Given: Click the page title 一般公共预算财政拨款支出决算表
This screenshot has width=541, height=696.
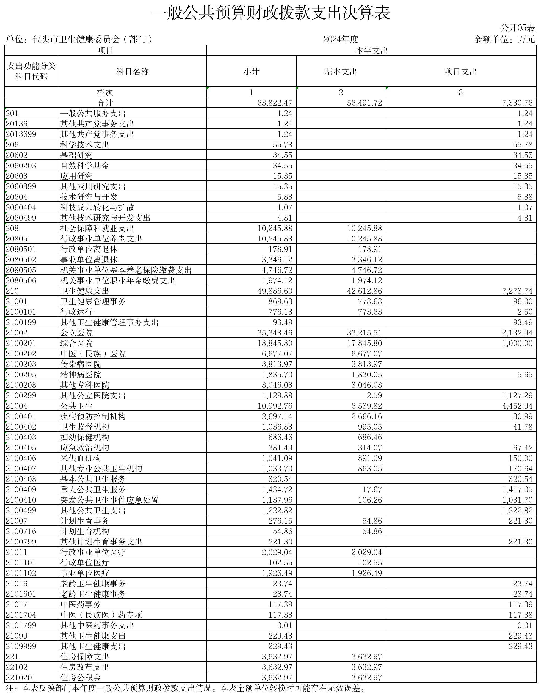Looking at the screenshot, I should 270,13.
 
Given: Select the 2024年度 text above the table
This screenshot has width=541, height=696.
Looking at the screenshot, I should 341,39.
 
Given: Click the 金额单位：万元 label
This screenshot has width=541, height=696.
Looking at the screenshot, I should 504,39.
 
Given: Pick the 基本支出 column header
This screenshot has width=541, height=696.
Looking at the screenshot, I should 341,71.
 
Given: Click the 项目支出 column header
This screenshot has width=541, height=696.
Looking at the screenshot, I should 461,71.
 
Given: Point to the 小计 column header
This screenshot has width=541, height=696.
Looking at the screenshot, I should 251,71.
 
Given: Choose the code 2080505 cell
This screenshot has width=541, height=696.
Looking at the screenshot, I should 21,270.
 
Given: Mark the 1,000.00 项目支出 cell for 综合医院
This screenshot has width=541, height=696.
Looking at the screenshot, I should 517,343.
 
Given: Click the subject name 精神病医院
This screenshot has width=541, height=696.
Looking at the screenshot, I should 81,375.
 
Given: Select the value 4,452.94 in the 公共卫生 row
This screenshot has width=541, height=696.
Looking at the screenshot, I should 517,406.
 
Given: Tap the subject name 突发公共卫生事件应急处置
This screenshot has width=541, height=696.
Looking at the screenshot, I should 110,500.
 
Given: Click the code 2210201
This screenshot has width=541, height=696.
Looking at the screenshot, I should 21,678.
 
